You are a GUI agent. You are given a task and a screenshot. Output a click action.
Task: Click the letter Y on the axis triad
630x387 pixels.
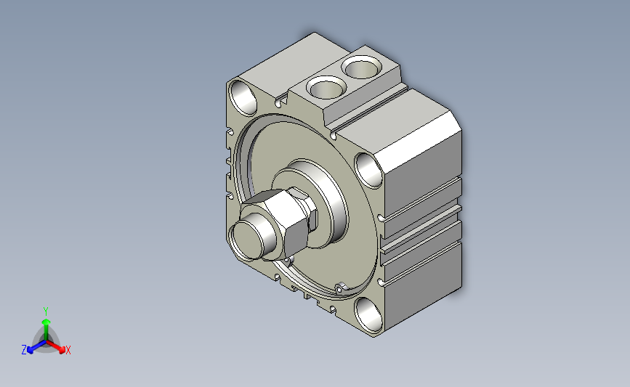coord(45,311)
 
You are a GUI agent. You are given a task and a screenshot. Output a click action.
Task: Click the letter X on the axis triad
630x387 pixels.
coord(68,350)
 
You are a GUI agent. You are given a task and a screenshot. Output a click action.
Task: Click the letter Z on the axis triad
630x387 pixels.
coord(24,350)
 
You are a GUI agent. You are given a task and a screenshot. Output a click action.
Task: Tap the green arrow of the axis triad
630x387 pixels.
coord(46,329)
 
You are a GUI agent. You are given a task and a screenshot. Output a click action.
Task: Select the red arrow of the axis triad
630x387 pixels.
coord(56,347)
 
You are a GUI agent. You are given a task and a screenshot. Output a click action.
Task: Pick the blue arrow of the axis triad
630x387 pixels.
coord(36,347)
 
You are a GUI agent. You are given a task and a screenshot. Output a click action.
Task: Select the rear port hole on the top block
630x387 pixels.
coord(361,67)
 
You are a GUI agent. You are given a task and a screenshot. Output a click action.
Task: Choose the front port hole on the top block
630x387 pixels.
coord(326,88)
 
